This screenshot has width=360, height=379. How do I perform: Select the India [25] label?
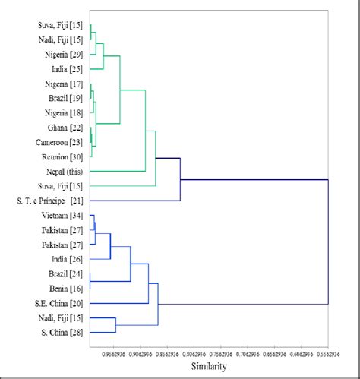pyautogui.click(x=66, y=69)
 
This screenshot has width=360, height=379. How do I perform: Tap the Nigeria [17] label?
pyautogui.click(x=62, y=84)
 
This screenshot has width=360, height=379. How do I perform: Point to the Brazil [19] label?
pyautogui.click(x=65, y=99)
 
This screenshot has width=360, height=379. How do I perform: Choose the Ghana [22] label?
pyautogui.click(x=65, y=128)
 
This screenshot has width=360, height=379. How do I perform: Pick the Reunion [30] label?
pyautogui.click(x=62, y=156)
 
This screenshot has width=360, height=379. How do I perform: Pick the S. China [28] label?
pyautogui.click(x=62, y=333)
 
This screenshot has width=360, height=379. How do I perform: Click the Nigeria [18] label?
pyautogui.click(x=62, y=113)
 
